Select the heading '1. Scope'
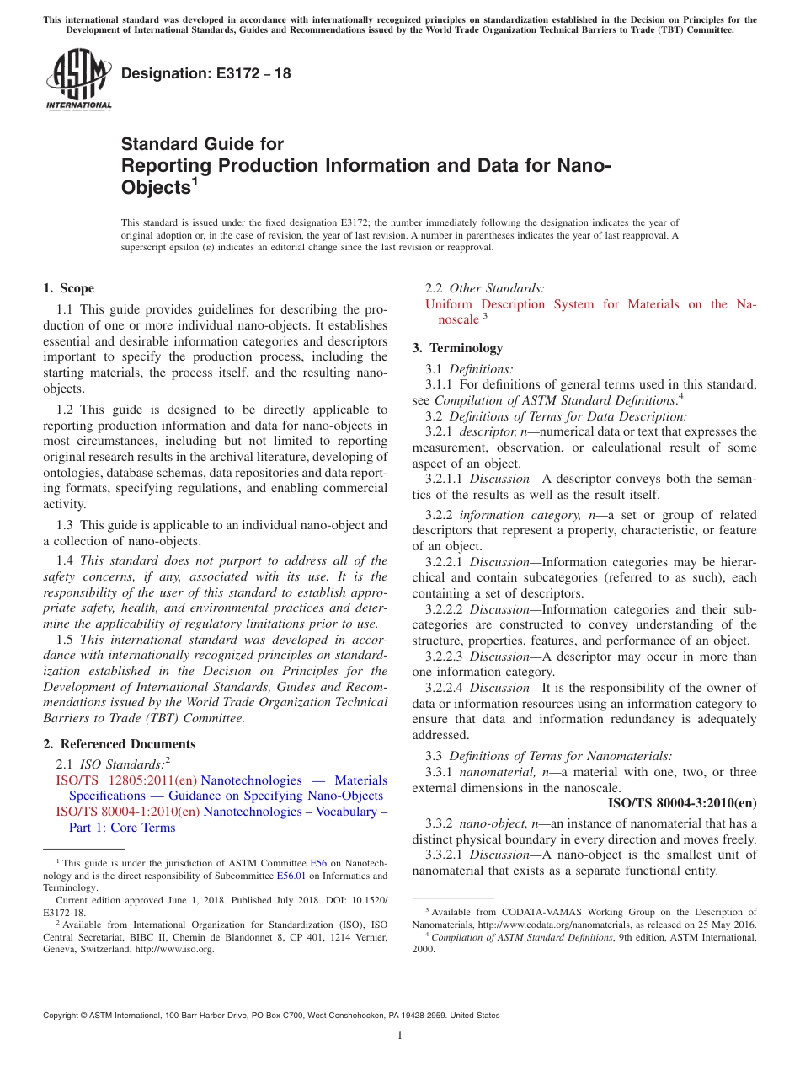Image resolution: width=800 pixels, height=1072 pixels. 68,288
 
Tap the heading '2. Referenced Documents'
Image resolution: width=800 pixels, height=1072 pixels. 119,744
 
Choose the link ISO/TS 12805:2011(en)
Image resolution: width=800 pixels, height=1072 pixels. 126,780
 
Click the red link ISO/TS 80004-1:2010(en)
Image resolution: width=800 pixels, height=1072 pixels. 127,812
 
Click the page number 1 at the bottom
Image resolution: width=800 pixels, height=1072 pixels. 400,1035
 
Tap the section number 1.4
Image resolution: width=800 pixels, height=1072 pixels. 65,560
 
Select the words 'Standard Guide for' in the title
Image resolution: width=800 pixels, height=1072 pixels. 202,144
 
